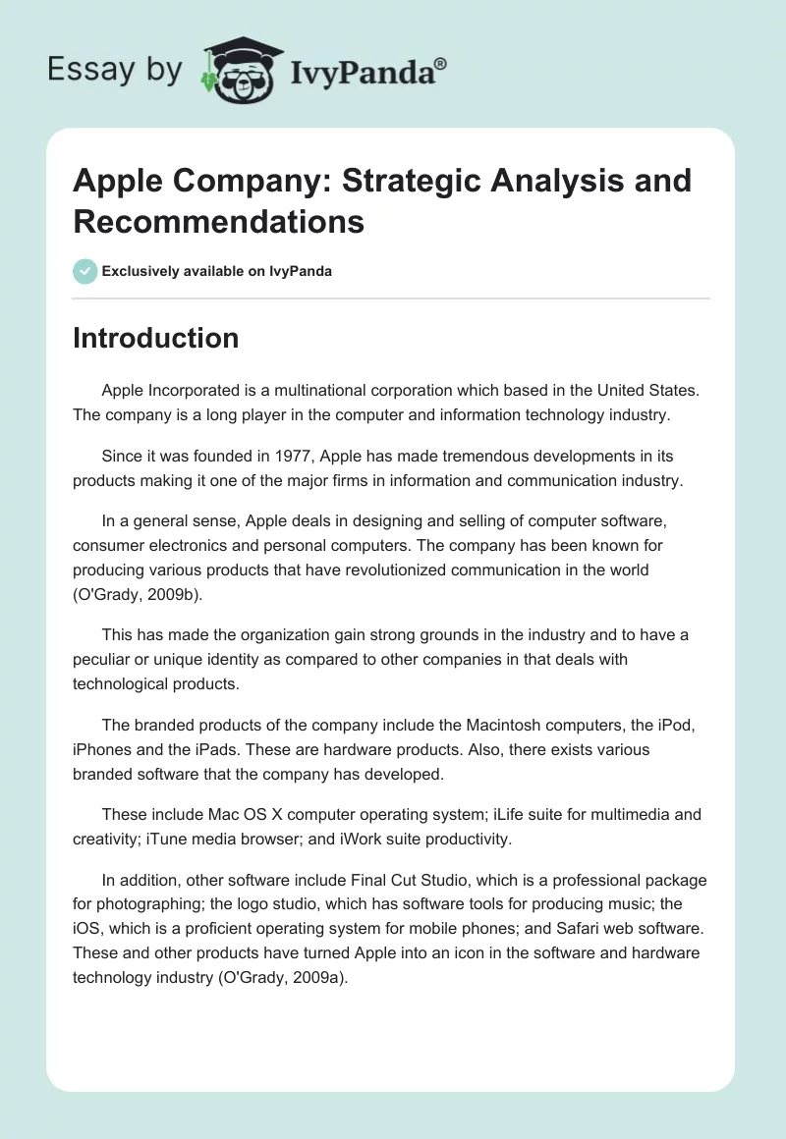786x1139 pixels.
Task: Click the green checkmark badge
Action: (x=84, y=271)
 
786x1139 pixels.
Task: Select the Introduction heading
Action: (x=155, y=338)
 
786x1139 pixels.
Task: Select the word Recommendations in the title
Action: (x=219, y=221)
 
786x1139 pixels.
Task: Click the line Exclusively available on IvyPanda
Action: (x=216, y=271)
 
